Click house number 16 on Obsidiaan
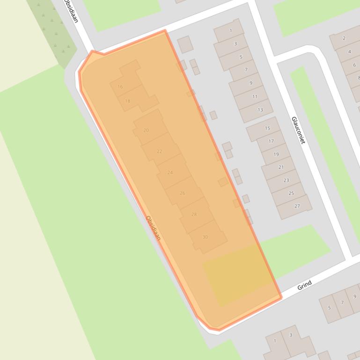pyautogui.click(x=120, y=86)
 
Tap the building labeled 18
pyautogui.click(x=128, y=101)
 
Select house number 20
pyautogui.click(x=146, y=130)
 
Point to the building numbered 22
pyautogui.click(x=159, y=151)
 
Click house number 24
pyautogui.click(x=170, y=172)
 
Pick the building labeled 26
pyautogui.click(x=182, y=193)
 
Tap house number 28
pyautogui.click(x=194, y=214)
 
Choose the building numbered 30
pyautogui.click(x=205, y=237)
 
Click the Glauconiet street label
pyautogui.click(x=298, y=130)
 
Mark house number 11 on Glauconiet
pyautogui.click(x=255, y=97)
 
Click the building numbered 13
pyautogui.click(x=260, y=110)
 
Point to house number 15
pyautogui.click(x=267, y=128)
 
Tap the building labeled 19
pyautogui.click(x=276, y=154)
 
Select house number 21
pyautogui.click(x=281, y=167)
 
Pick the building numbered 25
pyautogui.click(x=291, y=193)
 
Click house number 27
pyautogui.click(x=297, y=206)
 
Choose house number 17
pyautogui.click(x=271, y=141)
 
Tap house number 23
pyautogui.click(x=286, y=180)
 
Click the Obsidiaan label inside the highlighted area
pyautogui.click(x=153, y=228)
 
